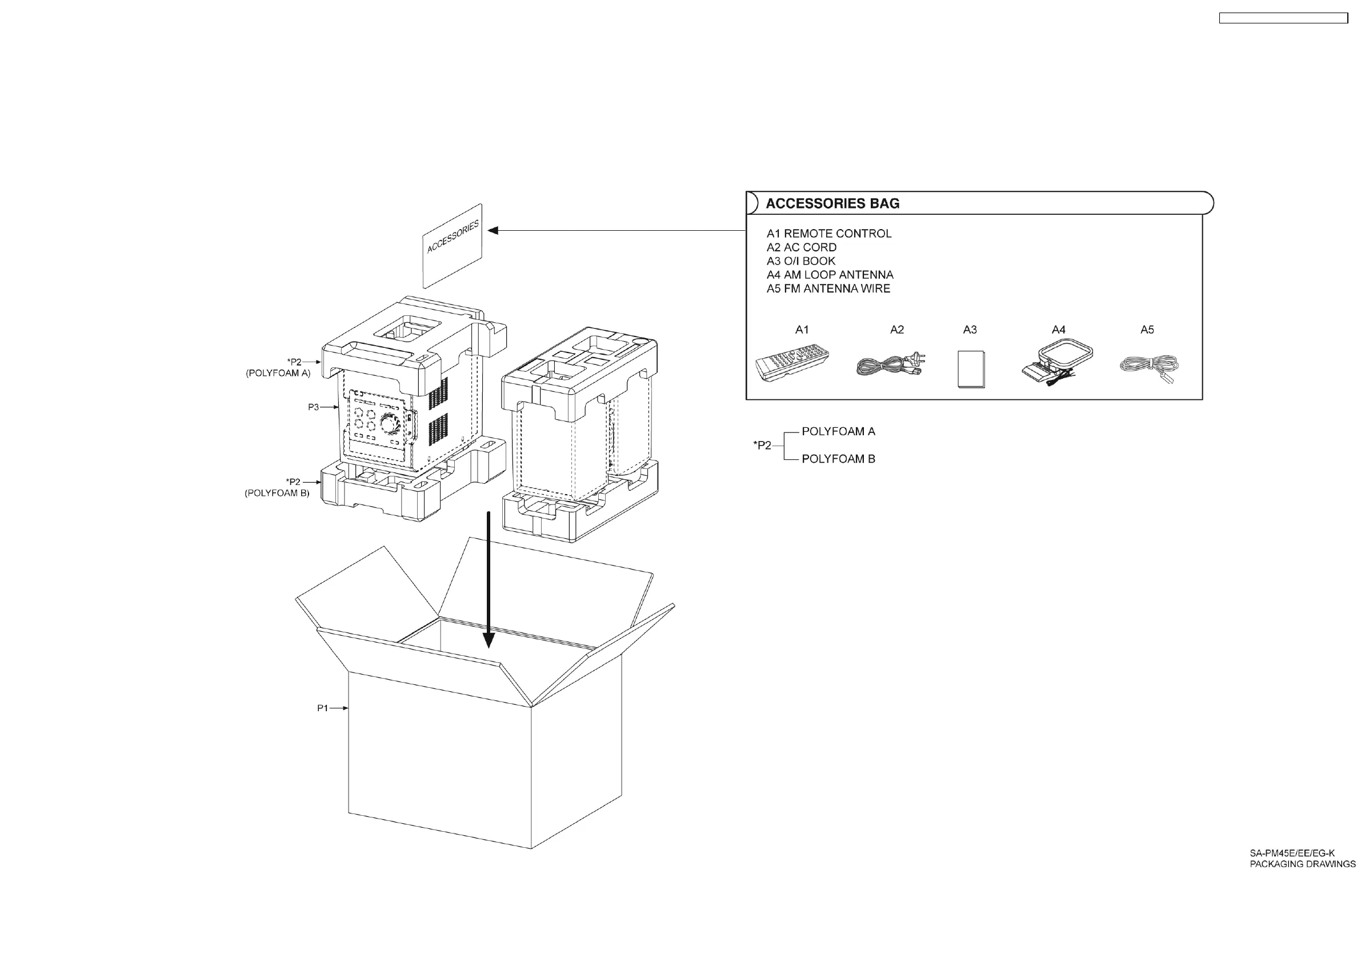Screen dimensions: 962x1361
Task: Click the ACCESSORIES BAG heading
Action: pyautogui.click(x=832, y=203)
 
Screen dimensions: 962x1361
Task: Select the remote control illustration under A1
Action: pyautogui.click(x=792, y=364)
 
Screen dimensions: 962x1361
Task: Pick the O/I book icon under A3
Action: pyautogui.click(x=971, y=368)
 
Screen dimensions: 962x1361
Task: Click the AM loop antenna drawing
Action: pyautogui.click(x=1057, y=363)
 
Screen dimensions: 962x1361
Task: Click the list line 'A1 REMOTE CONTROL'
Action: pyautogui.click(x=828, y=234)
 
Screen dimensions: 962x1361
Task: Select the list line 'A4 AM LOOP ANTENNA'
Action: pyautogui.click(x=830, y=275)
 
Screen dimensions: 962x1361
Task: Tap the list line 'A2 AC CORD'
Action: pyautogui.click(x=802, y=247)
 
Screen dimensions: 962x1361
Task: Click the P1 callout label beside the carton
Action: pyautogui.click(x=322, y=708)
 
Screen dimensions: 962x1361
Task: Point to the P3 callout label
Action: pyautogui.click(x=313, y=407)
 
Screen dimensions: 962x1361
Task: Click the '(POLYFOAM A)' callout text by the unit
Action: pyautogui.click(x=278, y=374)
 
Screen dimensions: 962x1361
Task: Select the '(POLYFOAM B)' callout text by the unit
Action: pyautogui.click(x=277, y=493)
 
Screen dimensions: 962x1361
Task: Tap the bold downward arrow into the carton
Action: pyautogui.click(x=489, y=581)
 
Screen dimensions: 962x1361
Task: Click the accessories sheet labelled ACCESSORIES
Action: pyautogui.click(x=453, y=246)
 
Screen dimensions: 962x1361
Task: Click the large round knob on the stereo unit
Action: pyautogui.click(x=389, y=423)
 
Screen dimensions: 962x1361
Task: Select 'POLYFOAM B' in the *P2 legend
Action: pyautogui.click(x=838, y=459)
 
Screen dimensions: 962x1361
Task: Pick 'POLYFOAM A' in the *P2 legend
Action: pyautogui.click(x=838, y=431)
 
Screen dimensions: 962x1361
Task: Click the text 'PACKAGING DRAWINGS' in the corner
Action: pyautogui.click(x=1302, y=864)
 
